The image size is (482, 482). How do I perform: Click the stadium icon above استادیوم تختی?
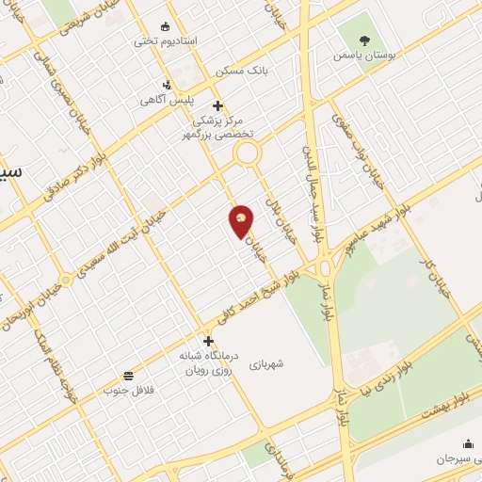pyautogui.click(x=167, y=26)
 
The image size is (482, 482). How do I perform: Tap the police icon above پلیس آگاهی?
pyautogui.click(x=167, y=85)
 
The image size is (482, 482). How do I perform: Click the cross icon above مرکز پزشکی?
pyautogui.click(x=217, y=105)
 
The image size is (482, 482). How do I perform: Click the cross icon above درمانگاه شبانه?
pyautogui.click(x=208, y=340)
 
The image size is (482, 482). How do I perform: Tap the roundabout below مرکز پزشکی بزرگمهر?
pyautogui.click(x=246, y=153)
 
